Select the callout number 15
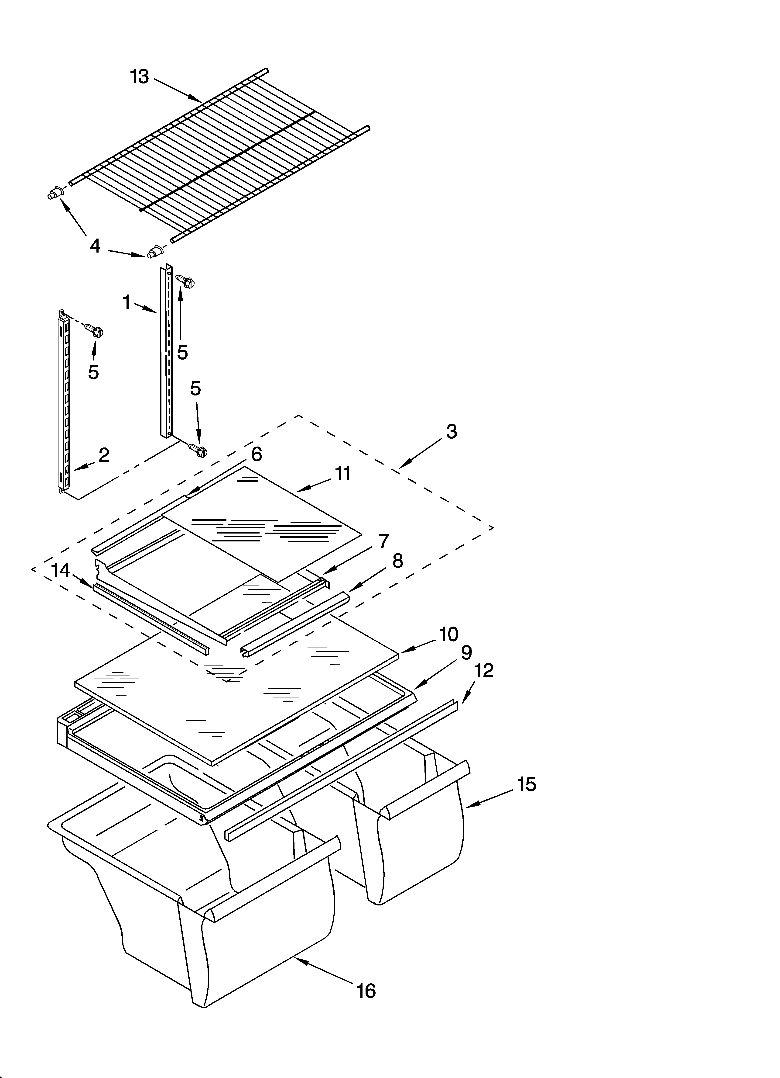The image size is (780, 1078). click(526, 784)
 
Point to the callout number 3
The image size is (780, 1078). click(451, 432)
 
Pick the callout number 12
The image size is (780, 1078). click(484, 671)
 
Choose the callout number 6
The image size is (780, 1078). click(257, 454)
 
